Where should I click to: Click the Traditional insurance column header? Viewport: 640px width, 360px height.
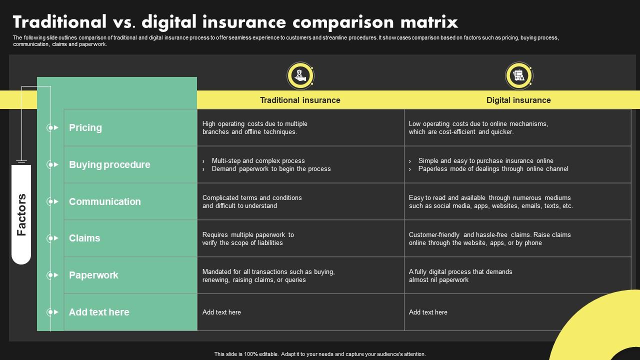300,100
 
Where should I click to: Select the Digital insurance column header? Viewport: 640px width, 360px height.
518,100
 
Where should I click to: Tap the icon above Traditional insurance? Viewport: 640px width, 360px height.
300,75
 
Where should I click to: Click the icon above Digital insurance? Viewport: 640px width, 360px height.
518,75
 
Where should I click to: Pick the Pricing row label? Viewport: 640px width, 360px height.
85,127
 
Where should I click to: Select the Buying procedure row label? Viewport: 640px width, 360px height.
109,164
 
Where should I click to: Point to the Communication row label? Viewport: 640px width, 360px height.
104,201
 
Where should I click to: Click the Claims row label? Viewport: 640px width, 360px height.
84,238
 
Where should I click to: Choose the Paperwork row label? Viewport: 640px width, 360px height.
93,275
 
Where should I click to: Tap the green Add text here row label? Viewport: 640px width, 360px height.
99,312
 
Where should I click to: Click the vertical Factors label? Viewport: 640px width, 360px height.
21,214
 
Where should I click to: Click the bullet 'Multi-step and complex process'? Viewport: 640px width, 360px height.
258,160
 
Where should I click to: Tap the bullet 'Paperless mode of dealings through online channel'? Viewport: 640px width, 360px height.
493,169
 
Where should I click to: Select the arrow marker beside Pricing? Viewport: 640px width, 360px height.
52,127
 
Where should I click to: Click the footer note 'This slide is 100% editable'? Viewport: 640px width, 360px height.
320,354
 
